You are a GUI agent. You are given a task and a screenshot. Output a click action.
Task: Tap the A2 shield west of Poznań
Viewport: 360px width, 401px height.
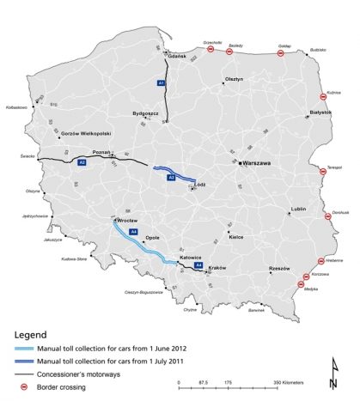[82, 161]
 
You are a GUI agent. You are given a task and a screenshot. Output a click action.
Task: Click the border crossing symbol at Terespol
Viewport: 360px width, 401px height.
[324, 173]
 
